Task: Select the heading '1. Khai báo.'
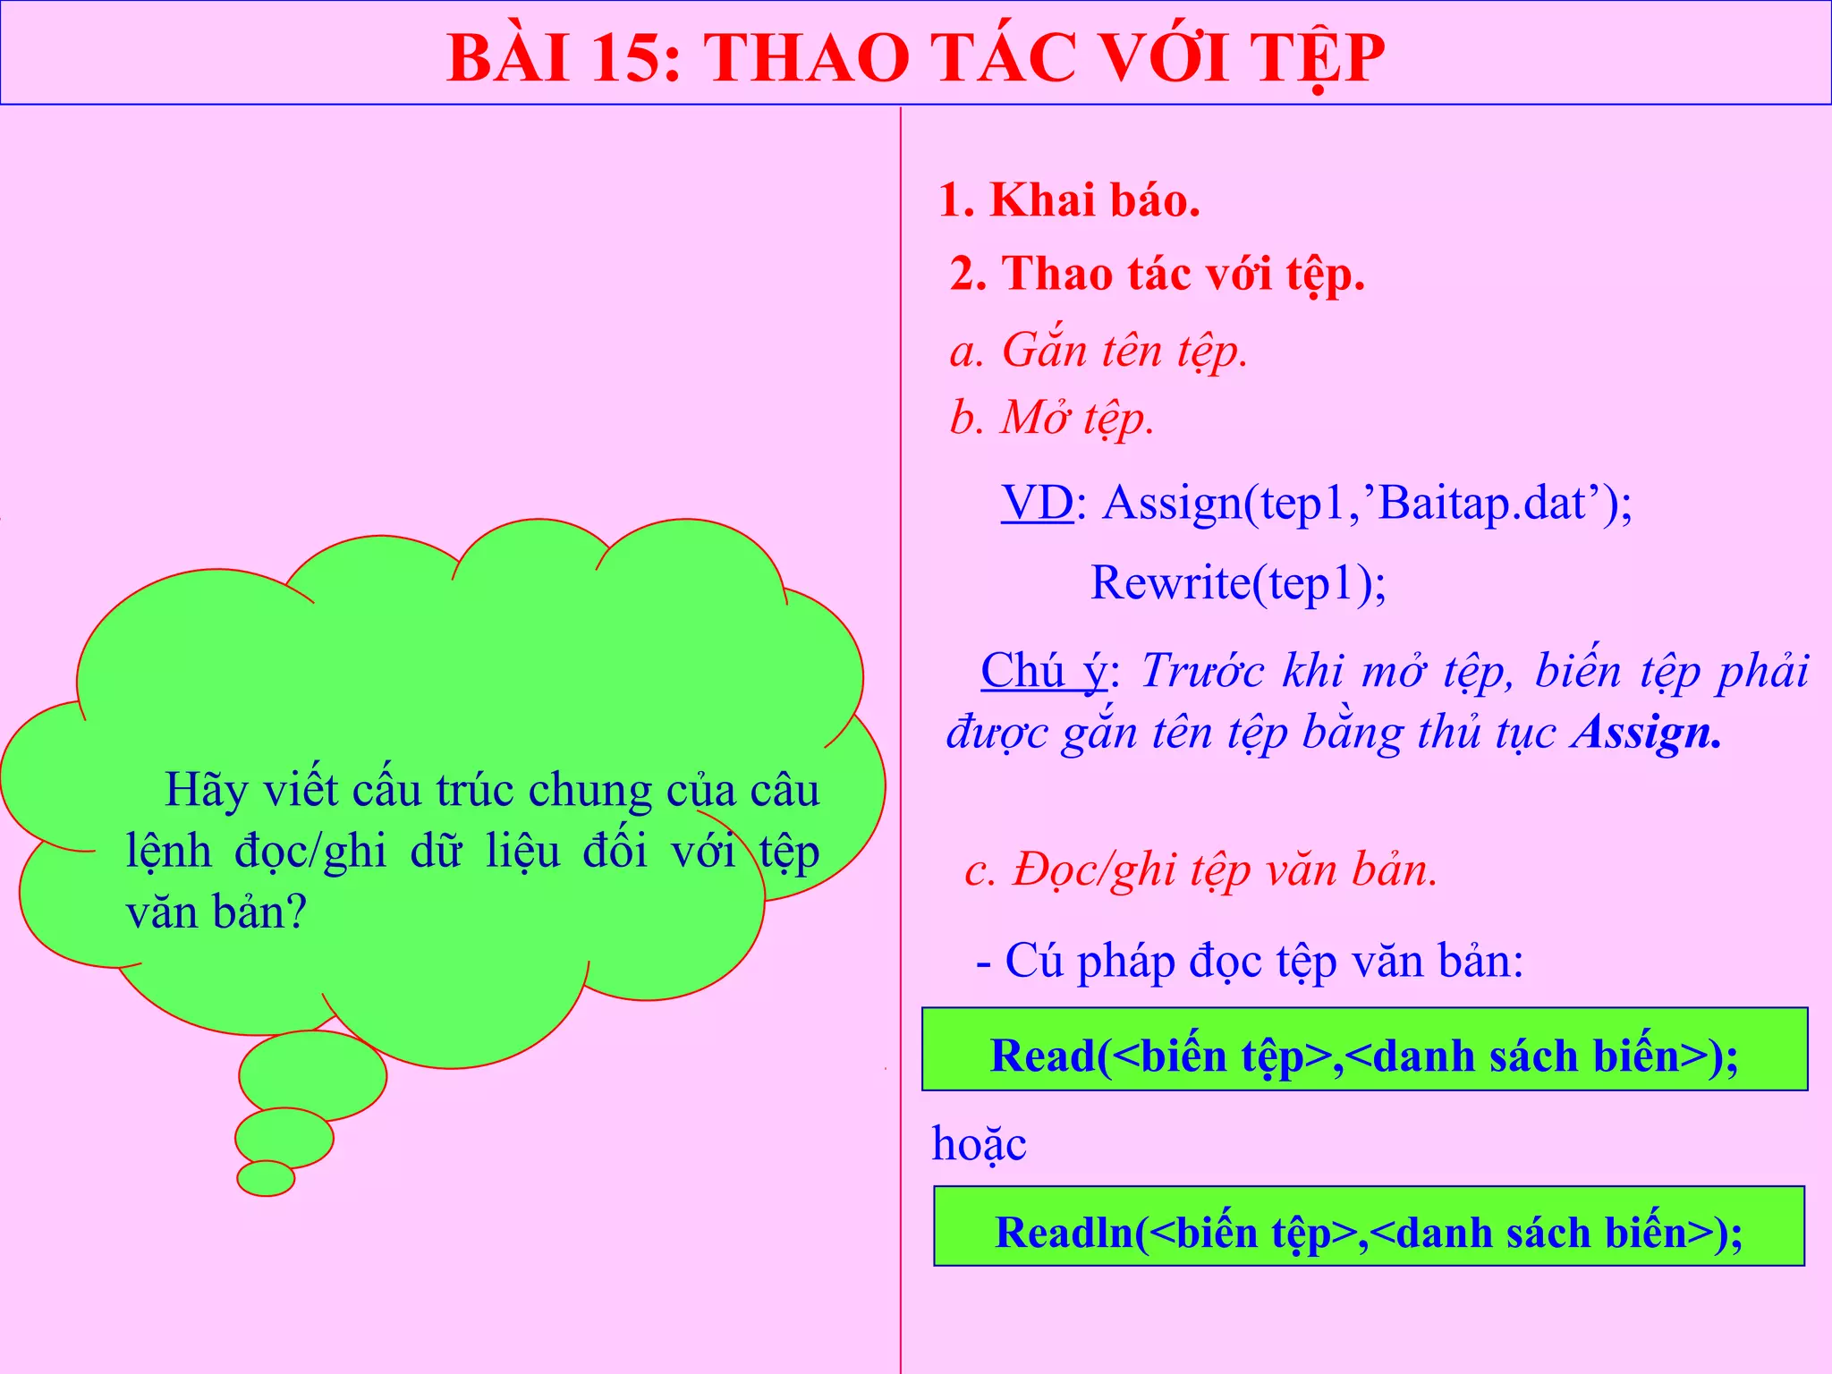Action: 1069,199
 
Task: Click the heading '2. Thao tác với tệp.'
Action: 1157,273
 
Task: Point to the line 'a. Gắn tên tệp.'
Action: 1098,350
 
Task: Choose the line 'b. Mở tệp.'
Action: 1052,418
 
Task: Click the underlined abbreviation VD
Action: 1037,503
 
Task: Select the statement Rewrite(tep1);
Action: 1238,583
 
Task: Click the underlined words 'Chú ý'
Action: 1043,671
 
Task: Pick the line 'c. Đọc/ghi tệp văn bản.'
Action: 1200,869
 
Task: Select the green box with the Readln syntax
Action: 1369,1226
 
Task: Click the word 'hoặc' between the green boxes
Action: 979,1144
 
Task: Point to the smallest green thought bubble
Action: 266,1178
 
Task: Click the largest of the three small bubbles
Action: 312,1075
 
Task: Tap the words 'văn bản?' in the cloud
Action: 216,912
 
